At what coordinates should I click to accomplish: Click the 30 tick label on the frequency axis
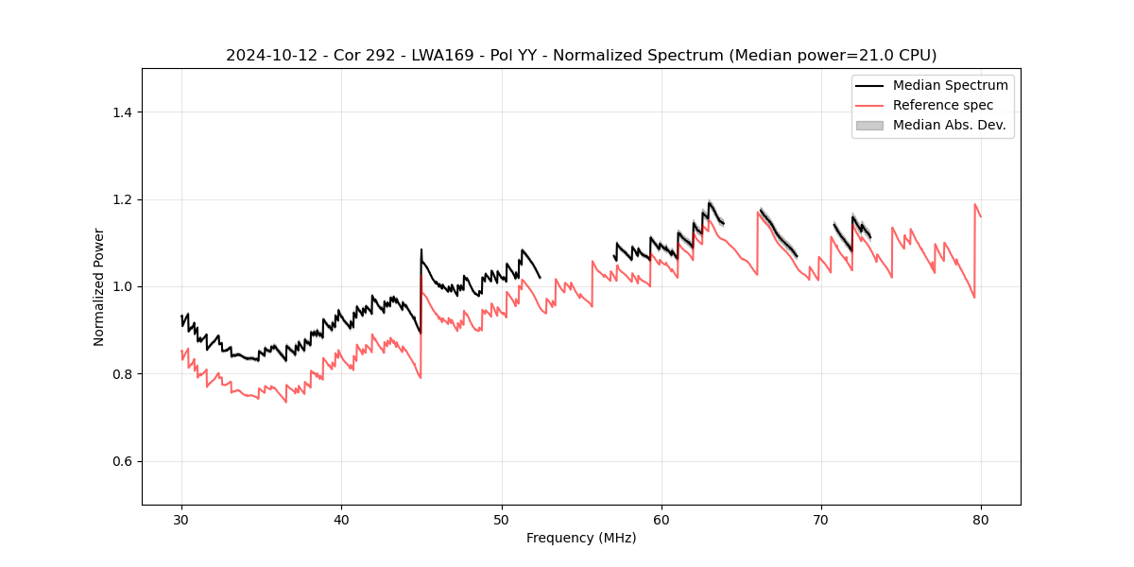181,519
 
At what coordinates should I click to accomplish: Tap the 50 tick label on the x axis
501,519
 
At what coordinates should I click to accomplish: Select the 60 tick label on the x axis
661,519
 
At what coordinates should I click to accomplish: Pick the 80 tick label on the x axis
981,519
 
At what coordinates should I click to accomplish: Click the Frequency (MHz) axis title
581,538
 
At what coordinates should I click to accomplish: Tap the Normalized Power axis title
99,286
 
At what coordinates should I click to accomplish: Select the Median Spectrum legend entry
950,85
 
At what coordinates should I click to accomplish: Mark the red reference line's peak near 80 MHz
975,204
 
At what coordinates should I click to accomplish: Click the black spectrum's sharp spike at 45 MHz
421,250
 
